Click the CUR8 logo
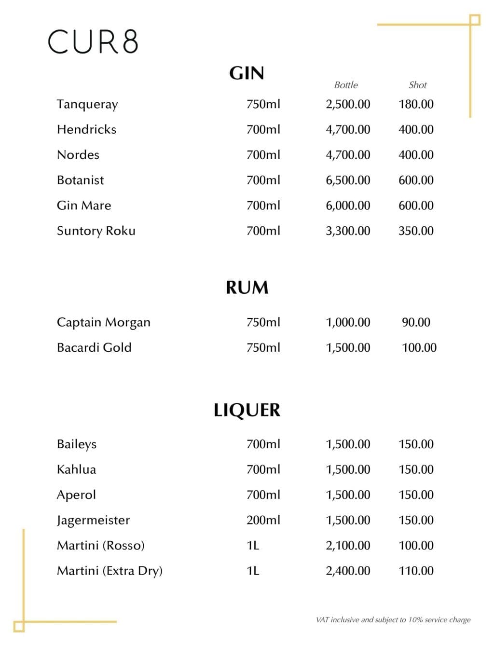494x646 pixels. click(93, 41)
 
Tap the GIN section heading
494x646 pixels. click(247, 73)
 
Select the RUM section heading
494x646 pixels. click(247, 288)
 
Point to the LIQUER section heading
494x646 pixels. click(247, 410)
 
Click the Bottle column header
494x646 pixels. click(346, 85)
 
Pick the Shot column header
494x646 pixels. click(417, 85)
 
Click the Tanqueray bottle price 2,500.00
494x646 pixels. click(348, 104)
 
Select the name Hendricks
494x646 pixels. click(86, 129)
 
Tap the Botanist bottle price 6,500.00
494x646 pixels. click(348, 180)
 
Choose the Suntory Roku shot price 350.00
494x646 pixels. click(416, 231)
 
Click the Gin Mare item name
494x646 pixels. click(84, 206)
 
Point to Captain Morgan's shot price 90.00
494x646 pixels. click(416, 322)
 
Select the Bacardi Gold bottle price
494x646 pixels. click(348, 347)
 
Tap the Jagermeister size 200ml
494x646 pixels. click(263, 520)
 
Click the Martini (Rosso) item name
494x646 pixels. click(101, 546)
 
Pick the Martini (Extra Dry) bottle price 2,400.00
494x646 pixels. click(348, 571)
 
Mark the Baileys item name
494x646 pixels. click(77, 444)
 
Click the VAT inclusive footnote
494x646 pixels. click(393, 620)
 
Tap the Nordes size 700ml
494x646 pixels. click(263, 155)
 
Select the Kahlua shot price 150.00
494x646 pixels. click(416, 469)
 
